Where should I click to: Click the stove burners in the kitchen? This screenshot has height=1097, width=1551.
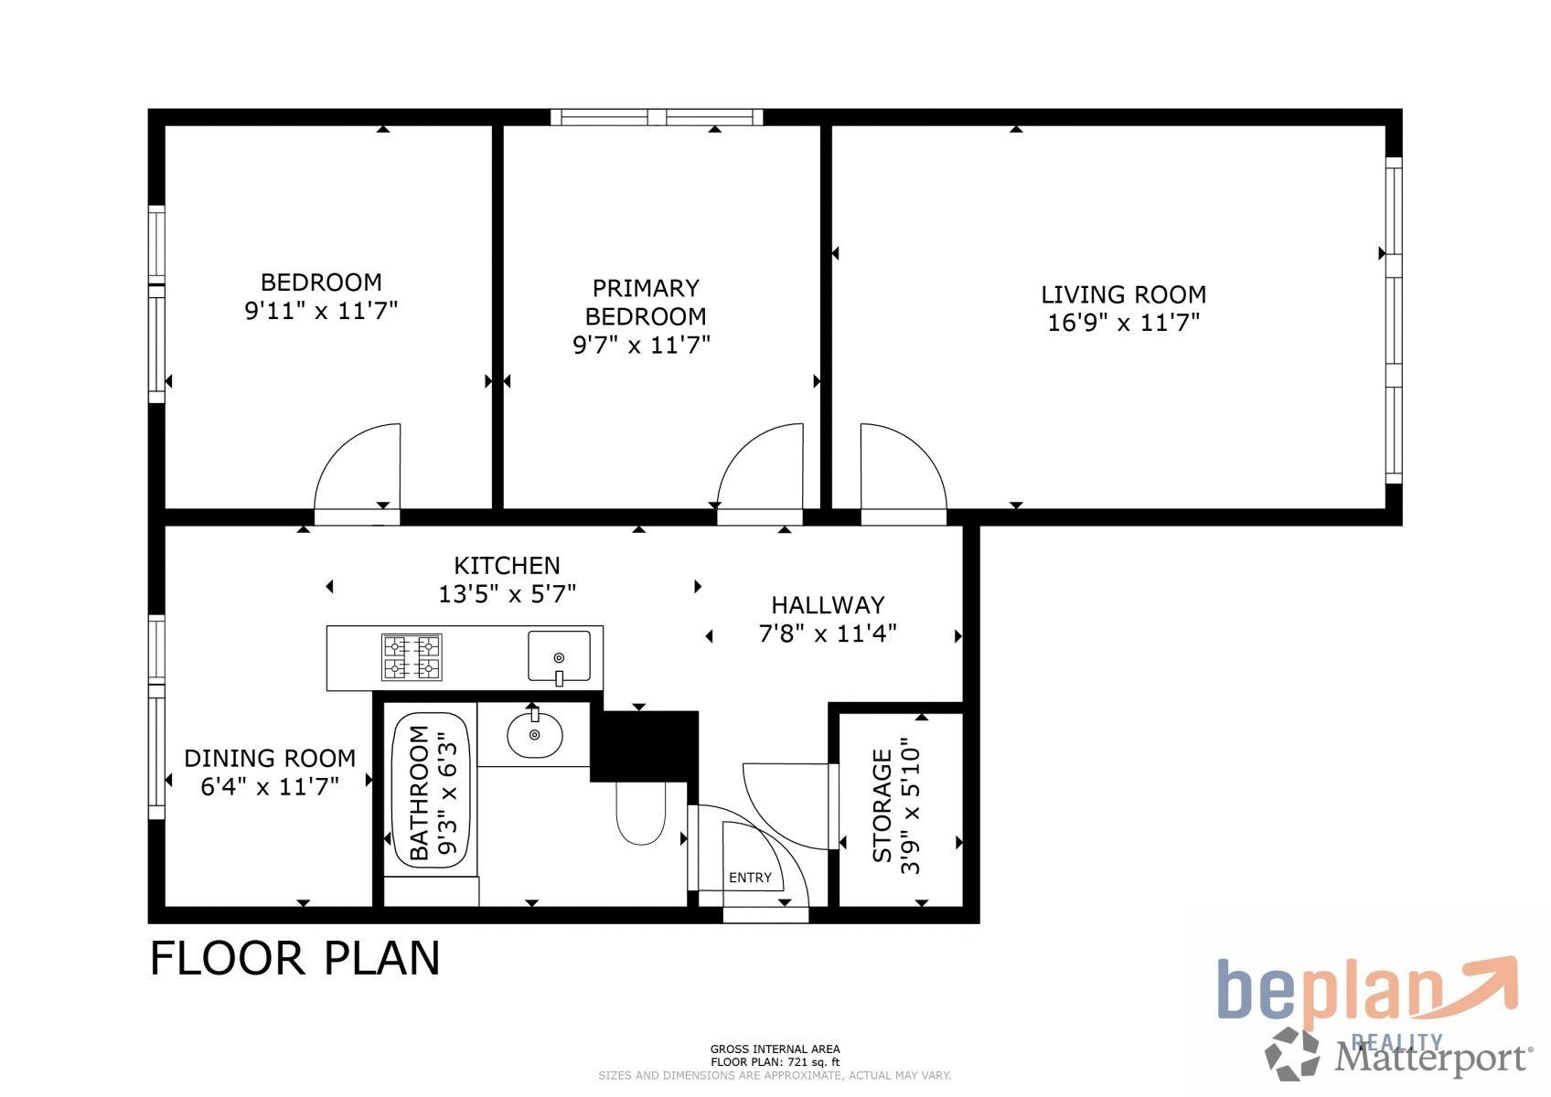pyautogui.click(x=412, y=657)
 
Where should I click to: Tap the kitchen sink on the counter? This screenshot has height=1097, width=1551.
pyautogui.click(x=559, y=656)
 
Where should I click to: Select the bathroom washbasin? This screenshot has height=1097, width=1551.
pyautogui.click(x=535, y=734)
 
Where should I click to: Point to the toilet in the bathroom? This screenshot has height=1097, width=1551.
pyautogui.click(x=640, y=814)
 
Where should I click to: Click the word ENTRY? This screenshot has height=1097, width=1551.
pyautogui.click(x=750, y=878)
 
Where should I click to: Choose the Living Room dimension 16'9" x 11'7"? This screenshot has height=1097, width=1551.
pyautogui.click(x=1123, y=323)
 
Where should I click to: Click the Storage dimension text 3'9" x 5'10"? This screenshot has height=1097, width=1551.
pyautogui.click(x=911, y=805)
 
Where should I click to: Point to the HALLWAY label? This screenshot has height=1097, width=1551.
pyautogui.click(x=828, y=605)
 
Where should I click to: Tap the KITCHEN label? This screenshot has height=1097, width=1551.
pyautogui.click(x=507, y=566)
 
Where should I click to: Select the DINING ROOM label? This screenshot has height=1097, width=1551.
pyautogui.click(x=270, y=758)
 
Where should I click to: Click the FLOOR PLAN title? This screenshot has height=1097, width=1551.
pyautogui.click(x=295, y=959)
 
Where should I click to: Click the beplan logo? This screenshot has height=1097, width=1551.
pyautogui.click(x=1367, y=992)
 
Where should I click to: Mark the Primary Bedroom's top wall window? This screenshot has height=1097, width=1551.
pyautogui.click(x=657, y=117)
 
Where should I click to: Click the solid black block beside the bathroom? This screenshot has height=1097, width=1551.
pyautogui.click(x=644, y=745)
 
